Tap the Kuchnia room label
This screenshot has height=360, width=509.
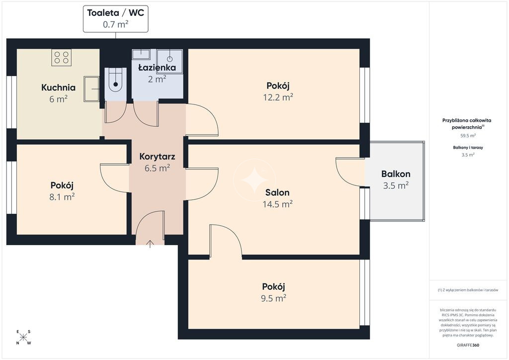click(x=59, y=88)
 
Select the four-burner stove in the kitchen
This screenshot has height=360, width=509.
click(x=61, y=58)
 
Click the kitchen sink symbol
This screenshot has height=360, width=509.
click(x=91, y=89)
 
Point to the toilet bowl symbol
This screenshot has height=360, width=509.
click(x=115, y=83)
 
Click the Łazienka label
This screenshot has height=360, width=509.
click(x=157, y=68)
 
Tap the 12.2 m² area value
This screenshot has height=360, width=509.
click(x=278, y=97)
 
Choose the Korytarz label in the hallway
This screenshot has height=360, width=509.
click(x=157, y=157)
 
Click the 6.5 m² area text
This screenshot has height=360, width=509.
click(x=157, y=168)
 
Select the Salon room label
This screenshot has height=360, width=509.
click(x=277, y=192)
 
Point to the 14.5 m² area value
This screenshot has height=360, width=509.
click(x=277, y=204)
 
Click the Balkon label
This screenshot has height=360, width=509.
click(x=396, y=174)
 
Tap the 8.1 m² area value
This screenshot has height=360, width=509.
click(x=62, y=197)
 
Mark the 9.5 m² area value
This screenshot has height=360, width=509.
click(x=273, y=298)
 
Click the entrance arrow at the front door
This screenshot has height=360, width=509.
click(x=150, y=244)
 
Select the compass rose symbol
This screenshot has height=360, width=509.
click(x=23, y=337)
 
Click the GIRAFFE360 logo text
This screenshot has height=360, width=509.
click(x=468, y=345)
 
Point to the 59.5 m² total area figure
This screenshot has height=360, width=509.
click(x=468, y=136)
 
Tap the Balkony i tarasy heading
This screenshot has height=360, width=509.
click(x=468, y=147)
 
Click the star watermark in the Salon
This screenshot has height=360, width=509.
click(x=254, y=180)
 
